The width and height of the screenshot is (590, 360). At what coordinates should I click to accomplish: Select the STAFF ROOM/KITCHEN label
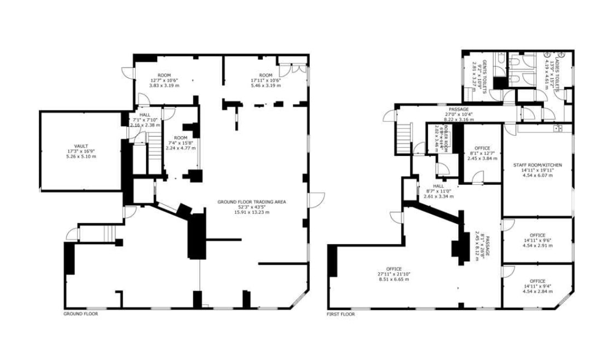click(x=537, y=165)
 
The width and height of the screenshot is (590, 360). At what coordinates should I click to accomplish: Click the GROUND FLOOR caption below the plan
click(x=80, y=313)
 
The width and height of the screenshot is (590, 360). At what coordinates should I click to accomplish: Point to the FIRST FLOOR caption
click(x=340, y=314)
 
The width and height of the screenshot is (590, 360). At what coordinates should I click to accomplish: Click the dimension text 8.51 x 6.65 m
click(x=393, y=279)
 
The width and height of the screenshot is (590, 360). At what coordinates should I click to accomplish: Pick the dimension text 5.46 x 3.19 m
click(x=265, y=86)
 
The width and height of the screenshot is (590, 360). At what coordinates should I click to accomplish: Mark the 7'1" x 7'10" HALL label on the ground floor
click(x=144, y=114)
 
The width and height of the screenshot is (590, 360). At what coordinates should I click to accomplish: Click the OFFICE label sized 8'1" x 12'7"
click(x=482, y=148)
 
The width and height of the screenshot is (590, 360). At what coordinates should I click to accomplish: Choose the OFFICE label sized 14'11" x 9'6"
click(x=537, y=235)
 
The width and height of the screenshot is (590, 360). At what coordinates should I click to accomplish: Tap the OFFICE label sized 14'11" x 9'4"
click(x=537, y=281)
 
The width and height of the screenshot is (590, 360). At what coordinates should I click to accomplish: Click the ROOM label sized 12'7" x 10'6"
click(x=164, y=76)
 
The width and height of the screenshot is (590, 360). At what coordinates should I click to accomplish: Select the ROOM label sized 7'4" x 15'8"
click(x=180, y=138)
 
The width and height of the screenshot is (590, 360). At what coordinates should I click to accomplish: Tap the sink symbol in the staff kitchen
click(x=557, y=129)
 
